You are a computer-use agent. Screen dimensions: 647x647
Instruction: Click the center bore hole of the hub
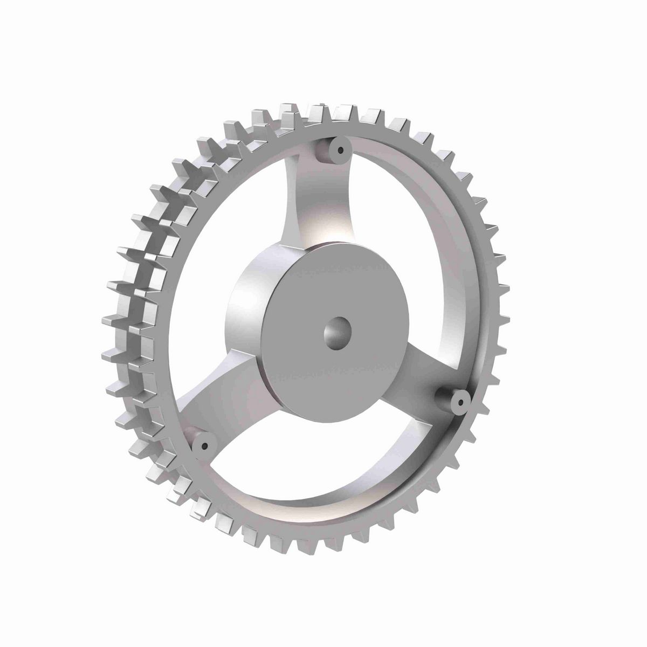[x=337, y=332]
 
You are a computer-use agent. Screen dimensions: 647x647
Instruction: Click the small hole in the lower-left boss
[x=205, y=445]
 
